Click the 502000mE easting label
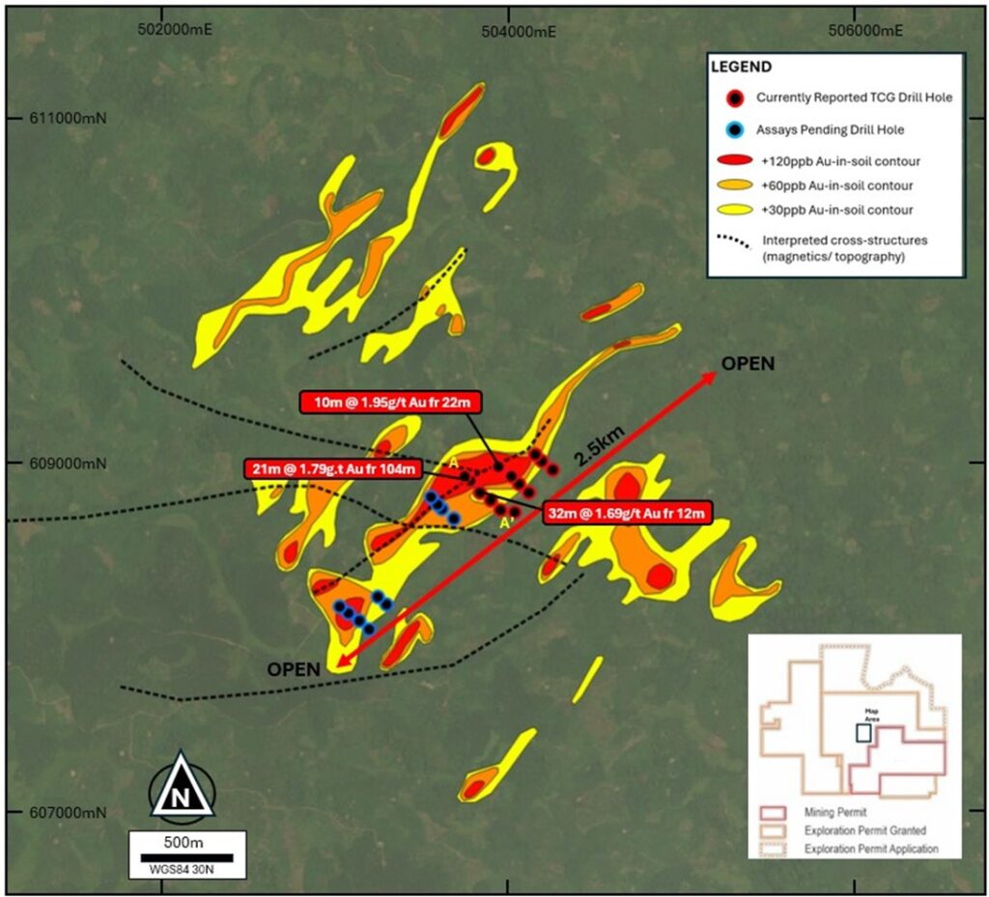(177, 29)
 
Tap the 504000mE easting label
(520, 29)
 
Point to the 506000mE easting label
(866, 29)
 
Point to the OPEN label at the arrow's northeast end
(749, 364)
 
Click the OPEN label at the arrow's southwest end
(295, 669)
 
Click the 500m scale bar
(186, 856)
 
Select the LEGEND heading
(741, 68)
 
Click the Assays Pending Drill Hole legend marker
(736, 128)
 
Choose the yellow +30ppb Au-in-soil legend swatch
(736, 209)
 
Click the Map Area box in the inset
(862, 732)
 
